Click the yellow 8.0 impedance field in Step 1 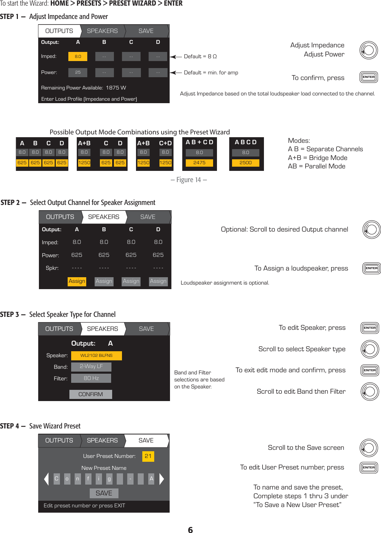pos(78,56)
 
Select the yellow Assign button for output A pos(77,281)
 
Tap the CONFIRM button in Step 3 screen pos(90,394)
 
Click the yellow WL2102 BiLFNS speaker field pos(96,355)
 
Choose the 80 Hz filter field pos(91,378)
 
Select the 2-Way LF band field pos(91,367)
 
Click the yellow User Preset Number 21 pos(148,456)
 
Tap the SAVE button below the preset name pos(104,493)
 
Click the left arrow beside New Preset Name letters pos(46,479)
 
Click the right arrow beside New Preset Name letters pos(162,479)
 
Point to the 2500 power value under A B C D pos(245,163)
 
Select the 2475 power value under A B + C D pos(199,163)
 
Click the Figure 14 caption pos(189,180)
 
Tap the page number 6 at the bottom pos(190,530)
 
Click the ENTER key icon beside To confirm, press pos(369,77)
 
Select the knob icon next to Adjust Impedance pos(369,50)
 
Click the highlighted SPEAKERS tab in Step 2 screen pos(103,217)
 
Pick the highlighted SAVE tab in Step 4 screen pos(146,440)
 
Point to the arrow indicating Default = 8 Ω pos(176,56)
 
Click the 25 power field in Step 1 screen pos(78,72)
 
